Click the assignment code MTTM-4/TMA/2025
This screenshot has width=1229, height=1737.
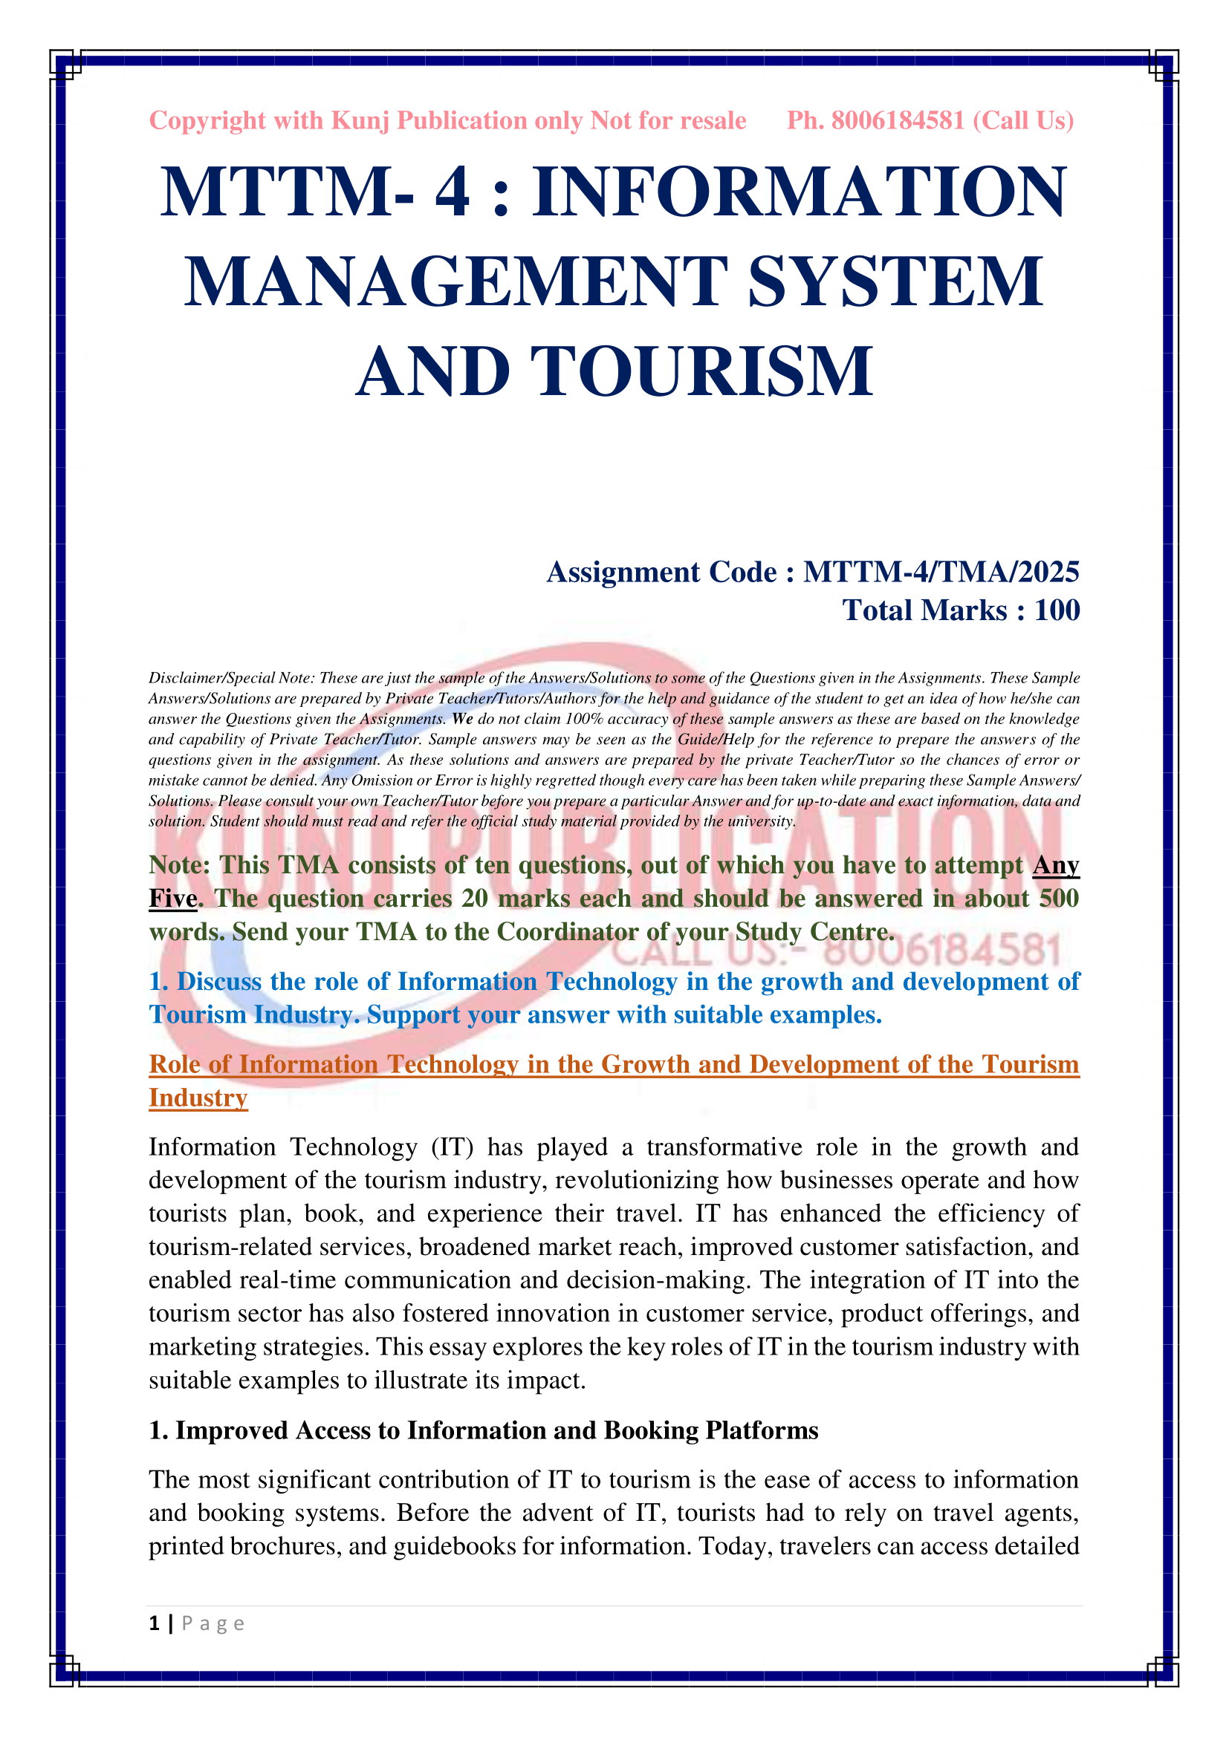(941, 572)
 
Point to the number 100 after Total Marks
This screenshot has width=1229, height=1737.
(1057, 610)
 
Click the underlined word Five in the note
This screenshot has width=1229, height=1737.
(172, 899)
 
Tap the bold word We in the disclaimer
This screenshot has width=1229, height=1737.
(462, 719)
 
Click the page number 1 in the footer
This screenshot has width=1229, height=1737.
(155, 1623)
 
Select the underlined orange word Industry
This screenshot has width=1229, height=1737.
(198, 1098)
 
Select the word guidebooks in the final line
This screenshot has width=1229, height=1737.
(465, 1546)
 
